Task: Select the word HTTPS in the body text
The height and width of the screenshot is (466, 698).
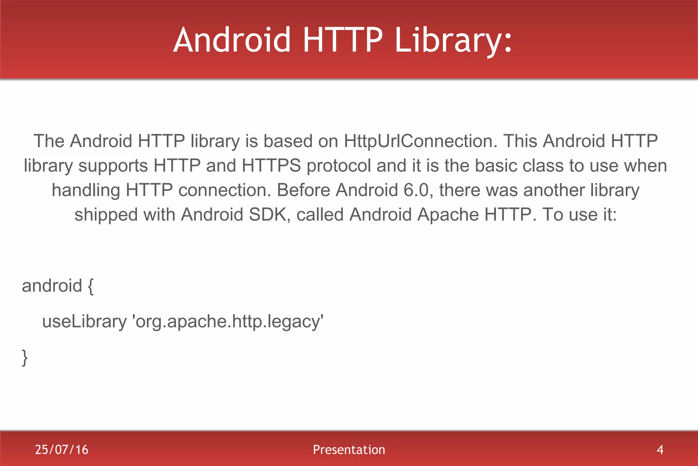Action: (271, 166)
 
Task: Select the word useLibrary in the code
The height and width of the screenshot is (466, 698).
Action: (84, 322)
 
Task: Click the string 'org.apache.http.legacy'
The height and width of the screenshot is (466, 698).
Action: (228, 322)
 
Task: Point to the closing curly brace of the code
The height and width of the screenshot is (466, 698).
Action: (25, 357)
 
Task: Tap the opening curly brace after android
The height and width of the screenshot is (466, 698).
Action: (90, 286)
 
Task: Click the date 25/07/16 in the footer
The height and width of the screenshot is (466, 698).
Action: (62, 450)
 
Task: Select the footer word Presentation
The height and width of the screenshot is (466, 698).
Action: (349, 450)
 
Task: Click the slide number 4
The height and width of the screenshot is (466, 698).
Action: (660, 450)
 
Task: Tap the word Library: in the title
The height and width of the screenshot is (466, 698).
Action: (453, 40)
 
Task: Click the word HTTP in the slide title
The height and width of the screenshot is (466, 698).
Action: (343, 40)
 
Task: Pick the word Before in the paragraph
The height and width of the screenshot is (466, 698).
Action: (303, 190)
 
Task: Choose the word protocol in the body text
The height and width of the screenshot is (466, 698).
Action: (338, 166)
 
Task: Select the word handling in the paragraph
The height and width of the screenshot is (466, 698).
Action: (86, 190)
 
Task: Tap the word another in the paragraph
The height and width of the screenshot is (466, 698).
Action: (554, 190)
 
